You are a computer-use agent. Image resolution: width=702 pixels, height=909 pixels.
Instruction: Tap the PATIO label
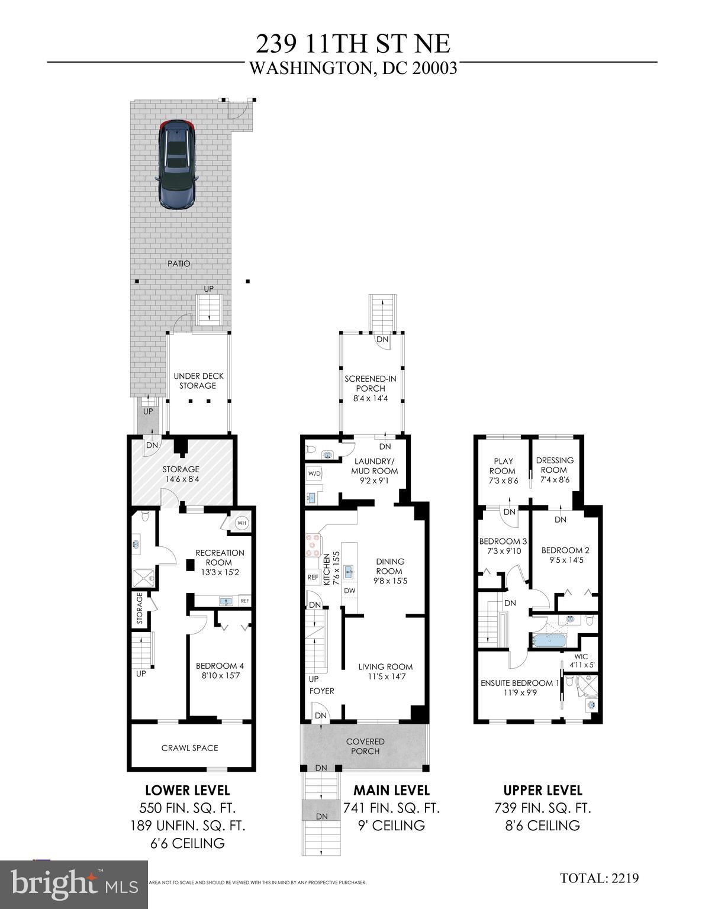coord(179,263)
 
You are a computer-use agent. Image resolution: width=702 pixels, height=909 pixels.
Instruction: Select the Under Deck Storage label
coord(198,381)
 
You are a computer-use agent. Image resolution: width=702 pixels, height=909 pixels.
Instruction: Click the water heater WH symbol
coord(241,523)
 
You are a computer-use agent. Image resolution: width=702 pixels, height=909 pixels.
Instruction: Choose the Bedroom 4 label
coord(220,670)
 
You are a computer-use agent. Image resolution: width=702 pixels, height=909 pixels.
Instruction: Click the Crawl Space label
coord(190,748)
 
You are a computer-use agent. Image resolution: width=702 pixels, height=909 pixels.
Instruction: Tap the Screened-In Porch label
coord(370,388)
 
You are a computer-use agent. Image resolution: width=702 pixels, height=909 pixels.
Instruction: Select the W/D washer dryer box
coord(313,473)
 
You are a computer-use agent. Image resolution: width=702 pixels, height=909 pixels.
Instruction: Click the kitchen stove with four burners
coord(313,545)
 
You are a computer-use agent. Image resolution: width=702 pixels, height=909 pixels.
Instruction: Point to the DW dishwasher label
coord(350,591)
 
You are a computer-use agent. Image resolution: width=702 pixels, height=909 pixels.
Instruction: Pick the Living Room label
coord(385,671)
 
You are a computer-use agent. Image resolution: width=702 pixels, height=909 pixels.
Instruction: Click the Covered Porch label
coord(365,746)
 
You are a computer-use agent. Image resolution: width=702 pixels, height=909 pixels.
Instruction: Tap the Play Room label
coord(503,470)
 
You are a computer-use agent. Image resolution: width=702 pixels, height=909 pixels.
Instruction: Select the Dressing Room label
coord(555,470)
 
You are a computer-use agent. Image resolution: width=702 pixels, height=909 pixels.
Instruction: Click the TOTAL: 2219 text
coord(599,878)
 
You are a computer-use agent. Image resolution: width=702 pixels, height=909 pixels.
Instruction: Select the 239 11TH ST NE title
coord(353,44)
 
